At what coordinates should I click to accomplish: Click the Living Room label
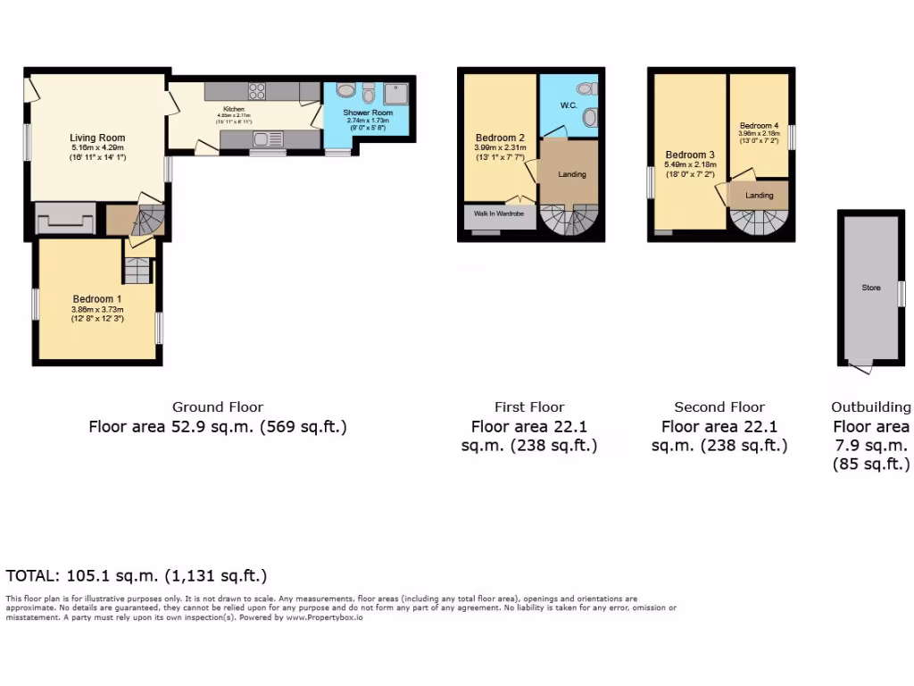click(x=97, y=138)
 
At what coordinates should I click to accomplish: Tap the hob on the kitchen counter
click(x=256, y=90)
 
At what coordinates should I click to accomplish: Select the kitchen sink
click(x=265, y=138)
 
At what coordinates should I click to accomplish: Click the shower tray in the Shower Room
click(x=396, y=92)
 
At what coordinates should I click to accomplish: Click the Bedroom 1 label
click(x=97, y=298)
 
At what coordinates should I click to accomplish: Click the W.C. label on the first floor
click(x=569, y=105)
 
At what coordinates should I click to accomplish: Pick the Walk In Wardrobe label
click(x=498, y=214)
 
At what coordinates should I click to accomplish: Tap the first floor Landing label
click(x=572, y=174)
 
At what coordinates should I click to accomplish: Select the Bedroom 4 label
click(x=759, y=126)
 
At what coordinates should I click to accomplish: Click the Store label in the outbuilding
click(x=871, y=288)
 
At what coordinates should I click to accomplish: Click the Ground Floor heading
click(x=218, y=407)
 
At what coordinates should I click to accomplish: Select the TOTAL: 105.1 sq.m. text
click(x=136, y=575)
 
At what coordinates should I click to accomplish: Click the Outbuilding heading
click(x=871, y=407)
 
